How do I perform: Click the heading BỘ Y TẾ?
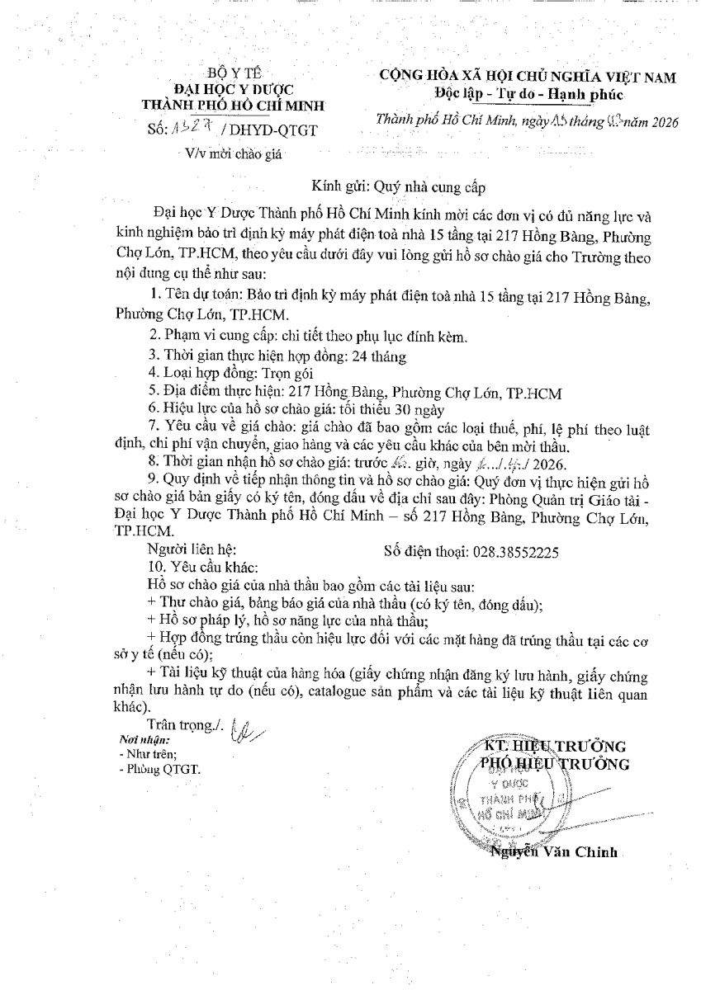click(x=234, y=73)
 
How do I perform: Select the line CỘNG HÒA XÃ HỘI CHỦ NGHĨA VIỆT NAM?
click(x=527, y=77)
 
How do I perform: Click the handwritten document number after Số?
click(x=188, y=129)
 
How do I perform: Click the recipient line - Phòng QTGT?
click(x=159, y=769)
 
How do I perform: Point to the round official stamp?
click(x=511, y=799)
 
